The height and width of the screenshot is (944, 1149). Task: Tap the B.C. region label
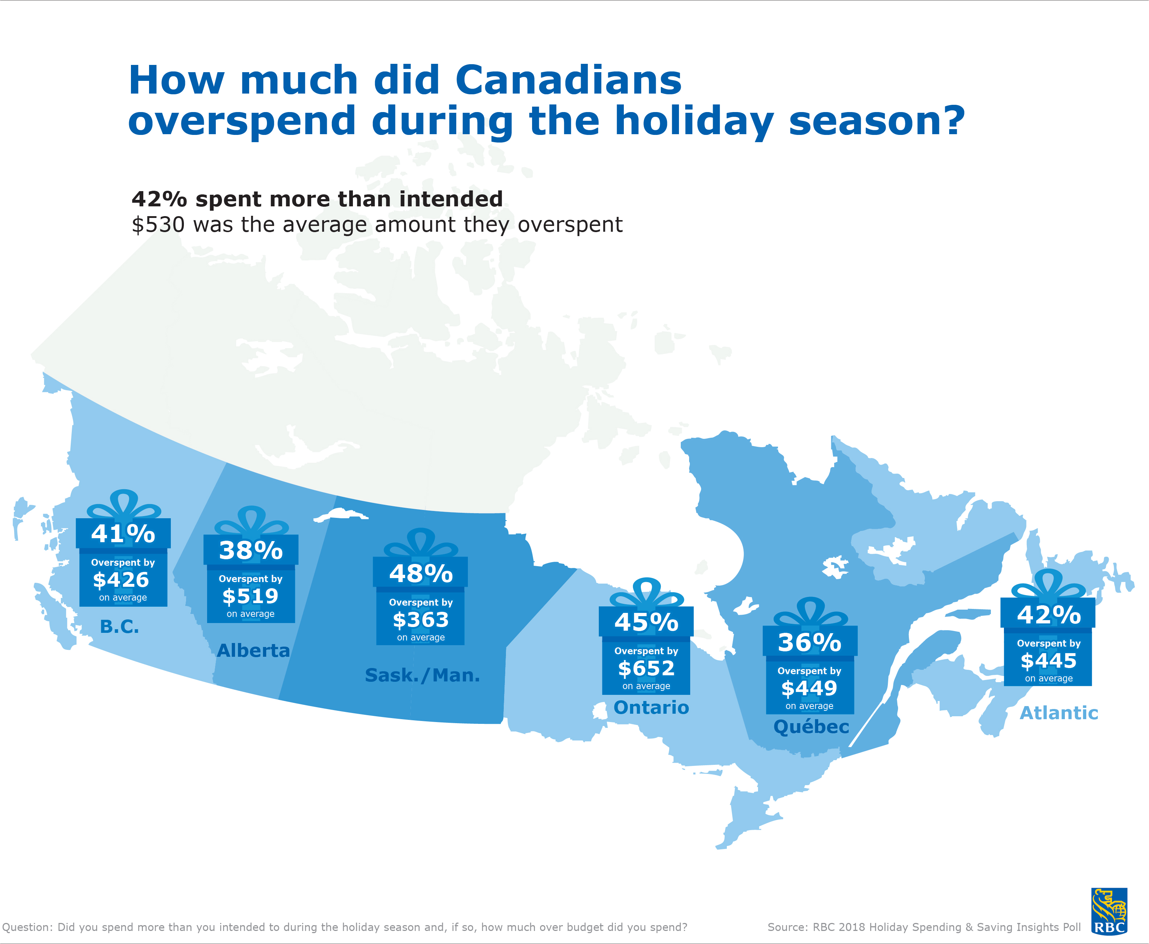pyautogui.click(x=120, y=627)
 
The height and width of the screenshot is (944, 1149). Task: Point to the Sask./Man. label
pyautogui.click(x=423, y=675)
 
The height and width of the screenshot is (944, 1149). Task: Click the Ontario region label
pyautogui.click(x=651, y=708)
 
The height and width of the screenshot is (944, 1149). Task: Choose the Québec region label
pyautogui.click(x=811, y=726)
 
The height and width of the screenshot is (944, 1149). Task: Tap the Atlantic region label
pyautogui.click(x=1059, y=713)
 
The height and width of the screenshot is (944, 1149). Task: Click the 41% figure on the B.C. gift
pyautogui.click(x=123, y=533)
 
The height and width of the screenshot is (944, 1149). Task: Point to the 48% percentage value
pyautogui.click(x=421, y=574)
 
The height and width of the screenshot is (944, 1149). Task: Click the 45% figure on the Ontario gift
pyautogui.click(x=646, y=622)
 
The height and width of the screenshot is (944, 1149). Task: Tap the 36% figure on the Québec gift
pyautogui.click(x=810, y=642)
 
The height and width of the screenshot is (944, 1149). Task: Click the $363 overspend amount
pyautogui.click(x=421, y=619)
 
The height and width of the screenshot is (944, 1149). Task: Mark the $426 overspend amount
pyautogui.click(x=121, y=580)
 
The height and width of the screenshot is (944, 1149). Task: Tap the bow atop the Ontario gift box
pyautogui.click(x=646, y=593)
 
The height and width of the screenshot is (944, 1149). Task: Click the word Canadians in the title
pyautogui.click(x=568, y=80)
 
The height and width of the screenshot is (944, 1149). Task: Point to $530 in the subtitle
pyautogui.click(x=158, y=224)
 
